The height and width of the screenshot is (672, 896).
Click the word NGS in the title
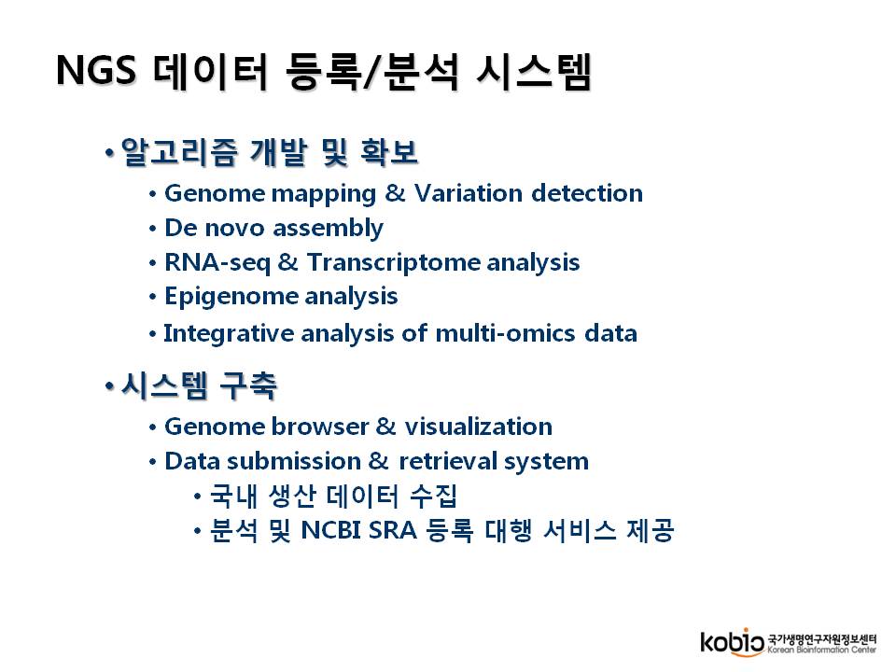[x=96, y=70]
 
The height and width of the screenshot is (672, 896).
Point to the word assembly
[x=328, y=229]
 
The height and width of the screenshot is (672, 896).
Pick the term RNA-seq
[x=217, y=263]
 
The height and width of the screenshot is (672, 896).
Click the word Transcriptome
[x=393, y=263]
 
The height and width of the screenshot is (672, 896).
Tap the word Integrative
[x=229, y=334]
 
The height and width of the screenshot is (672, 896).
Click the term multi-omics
[x=505, y=333]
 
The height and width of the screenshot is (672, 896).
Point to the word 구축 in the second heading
[x=248, y=385]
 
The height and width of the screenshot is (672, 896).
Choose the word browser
[x=320, y=427]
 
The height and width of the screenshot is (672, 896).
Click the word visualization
[x=478, y=427]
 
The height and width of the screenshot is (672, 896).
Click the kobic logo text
[x=732, y=642]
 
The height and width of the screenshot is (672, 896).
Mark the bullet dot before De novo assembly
[x=152, y=230]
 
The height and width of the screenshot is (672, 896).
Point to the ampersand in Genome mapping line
[x=396, y=193]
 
